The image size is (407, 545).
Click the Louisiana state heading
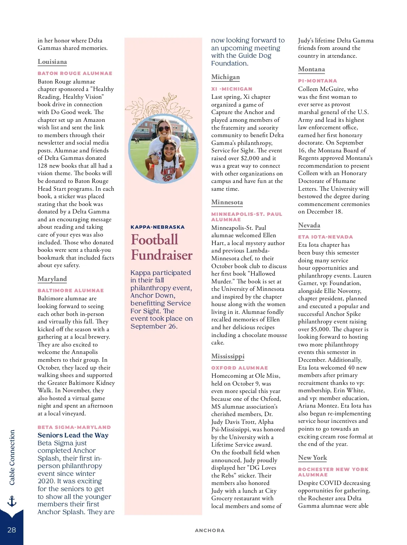(52, 62)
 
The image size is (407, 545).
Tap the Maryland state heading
(52, 279)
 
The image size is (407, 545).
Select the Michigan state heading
(226, 77)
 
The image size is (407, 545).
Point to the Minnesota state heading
(227, 202)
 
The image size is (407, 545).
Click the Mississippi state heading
(228, 356)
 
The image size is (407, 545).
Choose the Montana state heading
(311, 69)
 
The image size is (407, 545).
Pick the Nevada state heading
(309, 225)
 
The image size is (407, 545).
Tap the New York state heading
(312, 458)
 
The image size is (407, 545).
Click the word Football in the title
(154, 240)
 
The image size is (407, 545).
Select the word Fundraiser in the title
(162, 255)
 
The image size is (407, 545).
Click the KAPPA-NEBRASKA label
(158, 227)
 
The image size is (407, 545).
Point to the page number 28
(12, 530)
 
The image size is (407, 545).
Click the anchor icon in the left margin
(12, 501)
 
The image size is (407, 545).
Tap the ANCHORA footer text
(210, 530)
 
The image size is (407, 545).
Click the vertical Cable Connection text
(12, 457)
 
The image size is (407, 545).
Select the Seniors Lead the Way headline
(73, 435)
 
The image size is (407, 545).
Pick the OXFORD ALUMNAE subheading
(239, 368)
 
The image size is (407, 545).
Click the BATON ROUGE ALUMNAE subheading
(75, 73)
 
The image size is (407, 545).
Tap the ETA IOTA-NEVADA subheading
(325, 237)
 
